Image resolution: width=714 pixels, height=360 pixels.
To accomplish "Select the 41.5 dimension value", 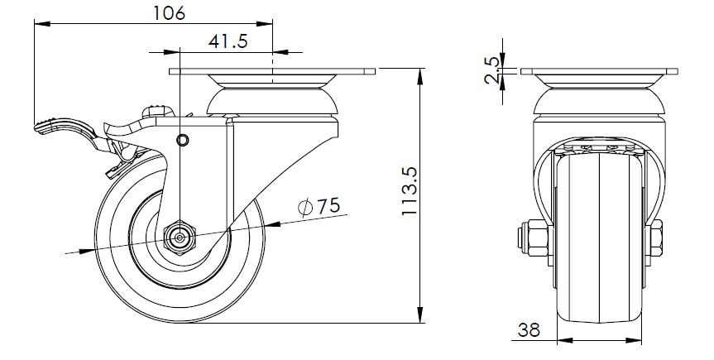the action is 228,41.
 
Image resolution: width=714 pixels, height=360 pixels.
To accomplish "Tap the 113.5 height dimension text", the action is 410,191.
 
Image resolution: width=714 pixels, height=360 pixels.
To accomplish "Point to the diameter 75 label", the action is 319,206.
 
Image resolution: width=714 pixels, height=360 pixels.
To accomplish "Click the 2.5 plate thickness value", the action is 492,70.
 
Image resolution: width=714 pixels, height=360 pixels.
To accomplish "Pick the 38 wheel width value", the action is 529,329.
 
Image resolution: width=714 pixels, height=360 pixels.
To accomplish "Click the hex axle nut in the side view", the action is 181,238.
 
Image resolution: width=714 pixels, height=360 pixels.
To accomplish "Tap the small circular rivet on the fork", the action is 183,140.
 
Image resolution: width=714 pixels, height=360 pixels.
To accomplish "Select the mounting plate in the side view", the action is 272,71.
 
